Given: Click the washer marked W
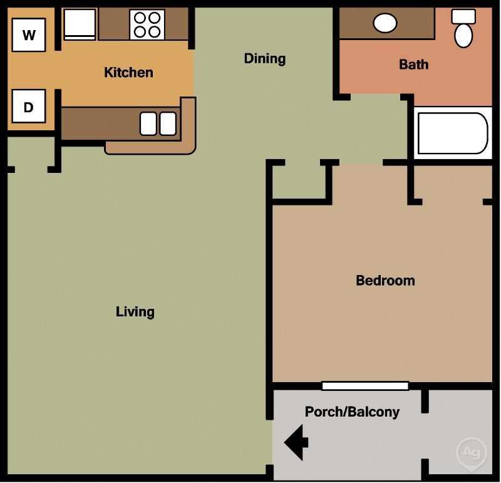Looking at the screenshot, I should tap(29, 35).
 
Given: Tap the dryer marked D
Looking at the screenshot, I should tap(29, 106).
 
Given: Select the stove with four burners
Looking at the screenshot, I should tap(147, 24).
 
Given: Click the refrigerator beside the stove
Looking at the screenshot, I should tap(80, 24).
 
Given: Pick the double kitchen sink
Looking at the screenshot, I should tap(158, 123).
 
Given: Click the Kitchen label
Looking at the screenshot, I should tap(128, 72).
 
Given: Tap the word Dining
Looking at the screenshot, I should tap(264, 58).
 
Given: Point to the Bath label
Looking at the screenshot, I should tap(413, 64).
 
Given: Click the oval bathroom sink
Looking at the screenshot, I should tap(385, 23).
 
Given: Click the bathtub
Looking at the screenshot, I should tap(452, 133).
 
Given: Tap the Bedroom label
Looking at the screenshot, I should tap(385, 280).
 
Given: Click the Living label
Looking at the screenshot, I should tap(135, 311).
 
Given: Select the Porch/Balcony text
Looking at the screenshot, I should tap(352, 412).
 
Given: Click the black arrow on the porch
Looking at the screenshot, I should tap(296, 442).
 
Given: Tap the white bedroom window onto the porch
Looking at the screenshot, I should tap(365, 386).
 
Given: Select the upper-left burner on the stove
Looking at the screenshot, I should tap(140, 18).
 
